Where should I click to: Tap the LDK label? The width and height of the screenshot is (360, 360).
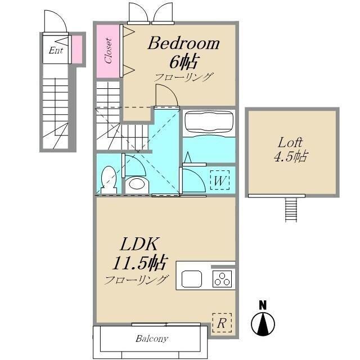click(139, 244)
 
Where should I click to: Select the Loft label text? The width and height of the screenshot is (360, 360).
click(290, 143)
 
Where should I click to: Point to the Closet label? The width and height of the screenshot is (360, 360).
click(108, 51)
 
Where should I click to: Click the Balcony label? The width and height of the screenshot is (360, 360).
click(152, 339)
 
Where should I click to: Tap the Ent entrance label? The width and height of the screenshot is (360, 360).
click(56, 50)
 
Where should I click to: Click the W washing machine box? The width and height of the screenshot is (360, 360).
click(220, 180)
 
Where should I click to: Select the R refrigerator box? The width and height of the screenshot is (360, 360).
click(222, 323)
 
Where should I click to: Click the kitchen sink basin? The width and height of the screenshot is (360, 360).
click(192, 279)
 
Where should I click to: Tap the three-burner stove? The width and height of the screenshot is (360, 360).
click(222, 279)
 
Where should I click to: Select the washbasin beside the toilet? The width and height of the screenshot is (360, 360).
click(137, 184)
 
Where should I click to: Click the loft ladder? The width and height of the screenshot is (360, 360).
click(291, 210)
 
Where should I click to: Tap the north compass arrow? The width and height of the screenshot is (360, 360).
click(263, 324)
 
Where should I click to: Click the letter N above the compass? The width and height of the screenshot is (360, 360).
click(263, 305)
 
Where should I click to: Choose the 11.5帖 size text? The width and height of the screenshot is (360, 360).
click(139, 263)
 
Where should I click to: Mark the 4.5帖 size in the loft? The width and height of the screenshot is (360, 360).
click(291, 157)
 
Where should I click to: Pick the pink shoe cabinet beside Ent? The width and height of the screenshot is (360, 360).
click(77, 49)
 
